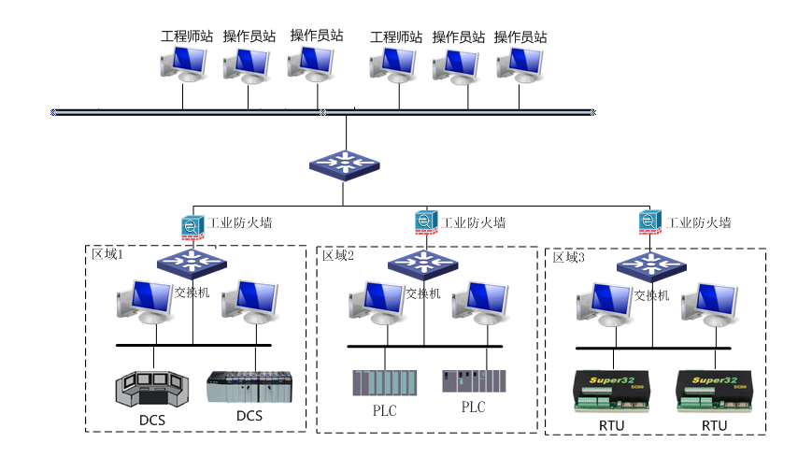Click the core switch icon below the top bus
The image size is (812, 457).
click(x=344, y=164)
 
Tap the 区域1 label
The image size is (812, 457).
click(x=107, y=254)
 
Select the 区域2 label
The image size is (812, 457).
click(x=338, y=256)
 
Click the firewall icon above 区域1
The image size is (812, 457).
click(x=192, y=225)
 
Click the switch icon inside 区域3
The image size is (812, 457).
click(x=650, y=264)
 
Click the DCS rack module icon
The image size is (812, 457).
click(x=249, y=387)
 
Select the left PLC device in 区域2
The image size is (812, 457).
click(x=383, y=383)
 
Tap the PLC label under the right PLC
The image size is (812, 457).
click(x=474, y=407)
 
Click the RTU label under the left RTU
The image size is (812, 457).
click(x=612, y=425)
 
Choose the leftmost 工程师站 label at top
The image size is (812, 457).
click(x=187, y=36)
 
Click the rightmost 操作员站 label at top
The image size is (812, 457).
click(x=520, y=37)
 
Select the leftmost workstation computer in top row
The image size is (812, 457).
click(x=183, y=64)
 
